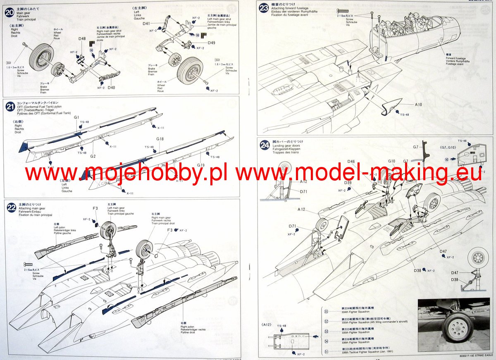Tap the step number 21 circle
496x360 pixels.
tap(10, 106)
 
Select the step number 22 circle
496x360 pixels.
tap(11, 208)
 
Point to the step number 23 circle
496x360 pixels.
tap(264, 8)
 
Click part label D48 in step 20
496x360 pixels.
tap(82, 39)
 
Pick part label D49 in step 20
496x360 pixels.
tap(212, 43)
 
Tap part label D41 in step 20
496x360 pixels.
tap(147, 24)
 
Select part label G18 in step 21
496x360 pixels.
tap(160, 139)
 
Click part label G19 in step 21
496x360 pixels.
tap(200, 165)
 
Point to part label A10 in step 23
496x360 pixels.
tap(418, 105)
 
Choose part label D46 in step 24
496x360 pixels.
tap(351, 162)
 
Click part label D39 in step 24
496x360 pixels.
tap(348, 182)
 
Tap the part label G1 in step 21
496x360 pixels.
tap(77, 117)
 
